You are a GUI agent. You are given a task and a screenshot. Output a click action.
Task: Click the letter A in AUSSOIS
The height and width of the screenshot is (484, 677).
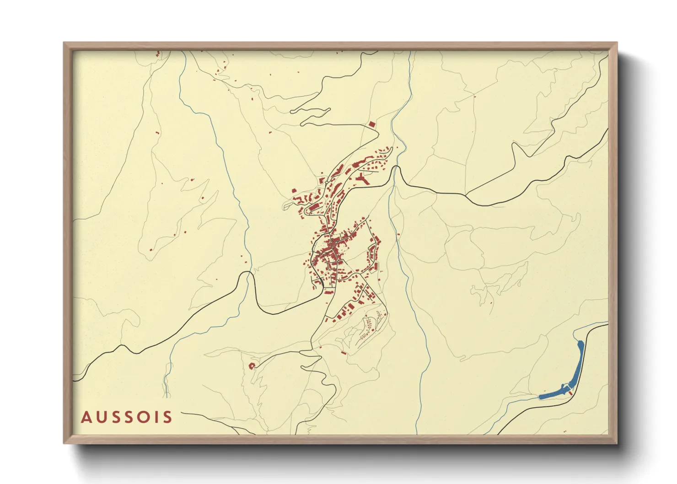[86, 417]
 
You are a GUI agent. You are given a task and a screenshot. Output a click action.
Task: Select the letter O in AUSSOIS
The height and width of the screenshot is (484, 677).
[146, 417]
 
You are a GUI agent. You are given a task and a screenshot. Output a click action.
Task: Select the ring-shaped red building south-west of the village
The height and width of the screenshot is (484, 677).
[251, 366]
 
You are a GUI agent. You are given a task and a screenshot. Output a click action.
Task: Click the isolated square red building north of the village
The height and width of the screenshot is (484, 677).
[371, 124]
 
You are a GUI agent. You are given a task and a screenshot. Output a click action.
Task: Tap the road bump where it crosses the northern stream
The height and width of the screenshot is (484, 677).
[397, 170]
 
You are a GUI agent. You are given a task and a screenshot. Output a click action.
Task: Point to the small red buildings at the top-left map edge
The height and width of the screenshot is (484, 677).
[157, 54]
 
